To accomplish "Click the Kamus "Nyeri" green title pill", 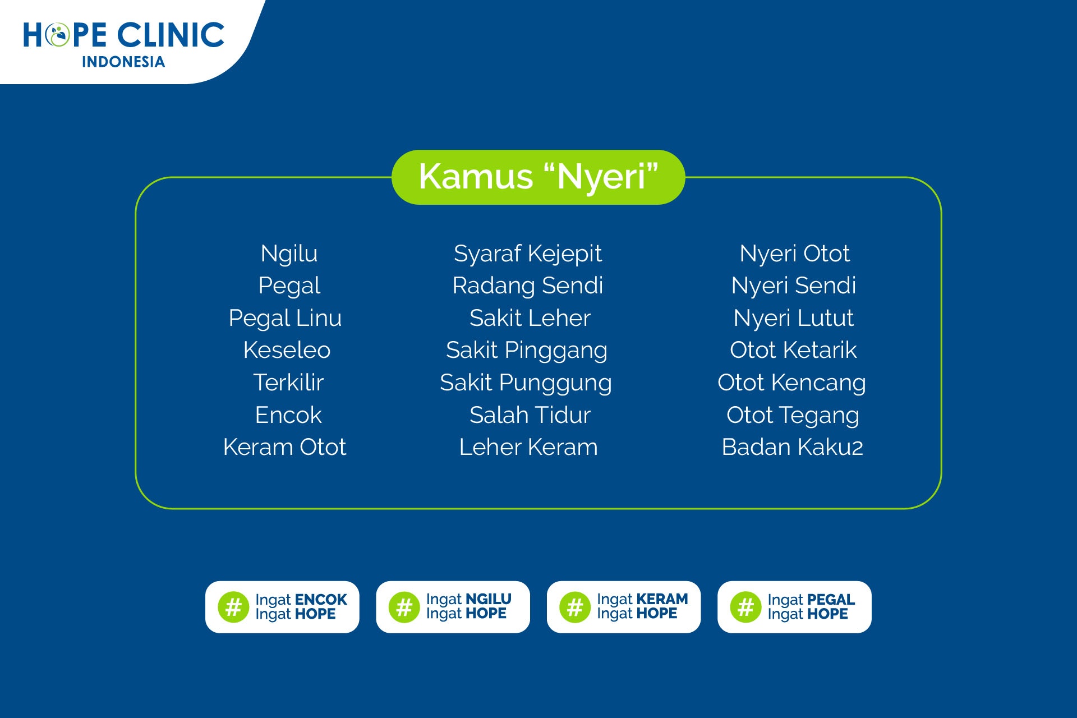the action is [538, 177].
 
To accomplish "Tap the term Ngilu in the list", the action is [289, 254].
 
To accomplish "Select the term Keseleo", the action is [287, 350].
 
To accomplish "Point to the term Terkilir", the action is [288, 383].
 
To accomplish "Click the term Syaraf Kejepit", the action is [528, 254].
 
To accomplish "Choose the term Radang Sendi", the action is [528, 286].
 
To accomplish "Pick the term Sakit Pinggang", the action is [527, 351].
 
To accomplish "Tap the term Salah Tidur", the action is [530, 415].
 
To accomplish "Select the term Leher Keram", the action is [528, 447].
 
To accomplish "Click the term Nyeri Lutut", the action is [793, 319].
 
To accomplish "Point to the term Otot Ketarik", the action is [793, 350].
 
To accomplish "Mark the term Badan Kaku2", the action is [792, 447].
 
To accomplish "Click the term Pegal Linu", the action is [285, 319].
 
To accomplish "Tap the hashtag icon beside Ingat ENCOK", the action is [233, 607].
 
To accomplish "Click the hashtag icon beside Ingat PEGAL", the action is [745, 607].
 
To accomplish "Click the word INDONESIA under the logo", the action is [123, 62].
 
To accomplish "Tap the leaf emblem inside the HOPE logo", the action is [57, 35].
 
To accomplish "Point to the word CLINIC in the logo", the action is [171, 35].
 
